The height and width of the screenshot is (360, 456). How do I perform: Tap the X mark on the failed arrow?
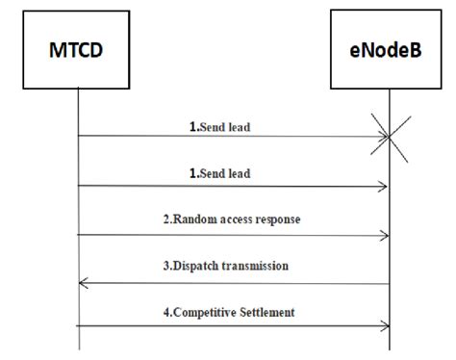tap(388, 136)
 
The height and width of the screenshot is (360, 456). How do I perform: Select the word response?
tap(278, 220)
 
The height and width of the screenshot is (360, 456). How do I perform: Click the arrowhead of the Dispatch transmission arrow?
tap(82, 283)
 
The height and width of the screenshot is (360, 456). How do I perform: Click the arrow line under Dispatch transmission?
tap(231, 283)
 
